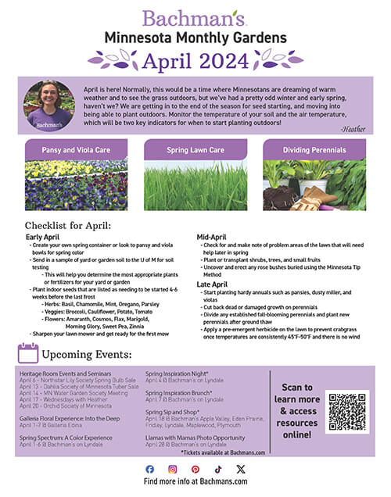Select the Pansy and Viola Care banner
tap(76, 148)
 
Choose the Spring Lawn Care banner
tap(195, 148)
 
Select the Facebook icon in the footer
tap(150, 468)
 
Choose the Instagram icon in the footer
tap(173, 468)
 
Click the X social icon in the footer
tap(240, 468)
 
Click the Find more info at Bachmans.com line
tap(195, 481)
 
